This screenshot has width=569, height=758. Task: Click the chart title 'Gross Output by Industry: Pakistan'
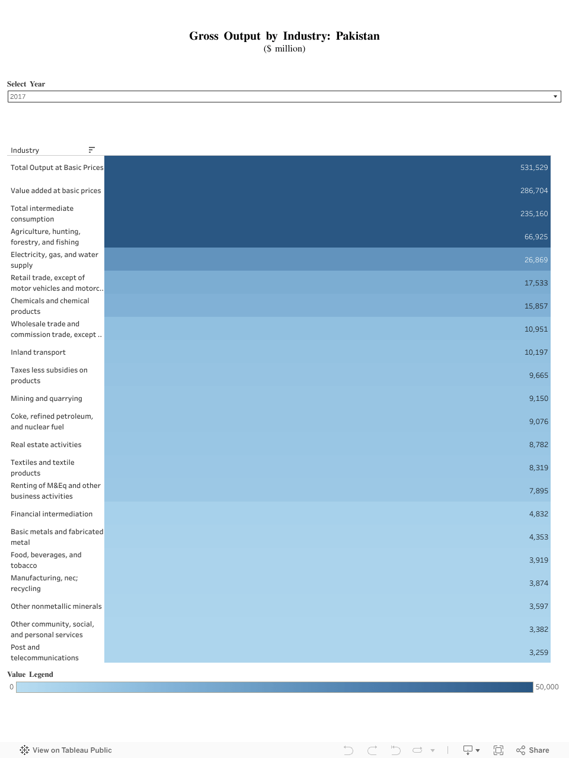(x=284, y=36)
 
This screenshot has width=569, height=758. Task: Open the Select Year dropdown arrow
(x=555, y=97)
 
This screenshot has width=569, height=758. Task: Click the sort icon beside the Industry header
(x=91, y=150)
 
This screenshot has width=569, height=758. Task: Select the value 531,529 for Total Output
(x=533, y=168)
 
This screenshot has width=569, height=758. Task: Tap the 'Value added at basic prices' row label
(x=56, y=191)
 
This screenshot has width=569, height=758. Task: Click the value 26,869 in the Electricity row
(x=536, y=260)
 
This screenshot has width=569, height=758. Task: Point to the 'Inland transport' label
(x=38, y=352)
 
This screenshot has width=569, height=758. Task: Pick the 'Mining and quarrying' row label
(x=46, y=399)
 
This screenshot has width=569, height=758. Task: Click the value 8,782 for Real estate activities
(x=538, y=445)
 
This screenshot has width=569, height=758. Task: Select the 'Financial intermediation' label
(x=52, y=514)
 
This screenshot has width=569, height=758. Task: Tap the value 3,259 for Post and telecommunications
(x=538, y=653)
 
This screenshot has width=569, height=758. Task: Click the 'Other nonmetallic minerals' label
(x=56, y=606)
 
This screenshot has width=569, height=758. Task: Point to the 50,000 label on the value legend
(x=546, y=687)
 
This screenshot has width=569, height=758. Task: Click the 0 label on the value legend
(x=11, y=687)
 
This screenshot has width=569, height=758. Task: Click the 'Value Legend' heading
(x=30, y=675)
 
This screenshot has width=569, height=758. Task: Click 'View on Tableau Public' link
(x=72, y=750)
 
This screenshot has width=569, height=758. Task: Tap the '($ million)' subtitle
(x=284, y=49)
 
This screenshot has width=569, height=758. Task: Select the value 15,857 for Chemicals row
(x=536, y=306)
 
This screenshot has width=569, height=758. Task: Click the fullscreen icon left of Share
(x=498, y=750)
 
